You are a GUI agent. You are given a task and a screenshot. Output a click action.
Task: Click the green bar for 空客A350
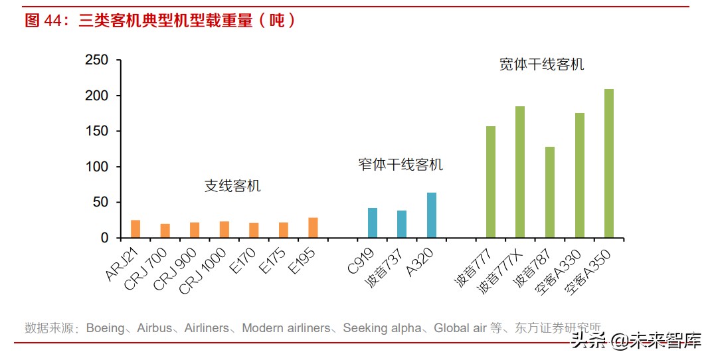point(609,163)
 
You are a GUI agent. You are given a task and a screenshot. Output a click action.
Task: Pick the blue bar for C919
point(373,223)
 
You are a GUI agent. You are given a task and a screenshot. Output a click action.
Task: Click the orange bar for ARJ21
point(135,229)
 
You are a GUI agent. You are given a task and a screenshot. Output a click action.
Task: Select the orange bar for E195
point(313,228)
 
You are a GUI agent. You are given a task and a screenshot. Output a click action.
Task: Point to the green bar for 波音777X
point(520,172)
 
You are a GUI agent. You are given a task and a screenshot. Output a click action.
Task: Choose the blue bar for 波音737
point(402,225)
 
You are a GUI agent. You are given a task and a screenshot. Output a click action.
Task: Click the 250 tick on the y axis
point(96,60)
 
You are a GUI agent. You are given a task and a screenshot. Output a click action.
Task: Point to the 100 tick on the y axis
point(96,167)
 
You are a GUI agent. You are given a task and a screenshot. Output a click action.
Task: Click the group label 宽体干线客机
point(541,64)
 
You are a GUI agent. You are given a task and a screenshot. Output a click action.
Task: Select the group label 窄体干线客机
point(400,165)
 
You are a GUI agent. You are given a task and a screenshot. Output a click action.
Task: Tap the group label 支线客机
point(232,186)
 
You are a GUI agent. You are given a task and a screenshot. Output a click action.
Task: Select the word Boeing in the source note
point(105,328)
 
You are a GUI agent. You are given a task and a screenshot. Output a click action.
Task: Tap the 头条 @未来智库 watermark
point(636,341)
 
